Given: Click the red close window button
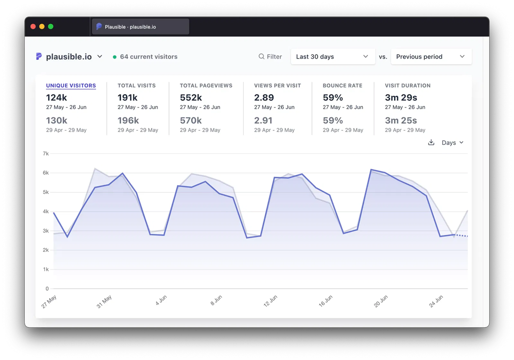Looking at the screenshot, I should click(33, 26).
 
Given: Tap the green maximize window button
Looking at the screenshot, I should click(51, 26).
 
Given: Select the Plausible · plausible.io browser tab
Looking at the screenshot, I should click(140, 27).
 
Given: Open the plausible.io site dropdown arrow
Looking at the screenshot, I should click(100, 57).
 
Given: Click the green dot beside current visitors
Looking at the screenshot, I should click(115, 57).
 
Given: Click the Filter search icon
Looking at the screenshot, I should click(261, 57).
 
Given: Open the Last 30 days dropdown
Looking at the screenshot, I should click(333, 57).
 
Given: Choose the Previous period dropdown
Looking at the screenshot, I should click(431, 57).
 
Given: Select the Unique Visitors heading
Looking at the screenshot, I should click(71, 86).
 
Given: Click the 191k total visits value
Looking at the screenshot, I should click(127, 98).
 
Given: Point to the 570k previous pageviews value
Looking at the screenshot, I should click(191, 120).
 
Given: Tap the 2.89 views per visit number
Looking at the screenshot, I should click(264, 98).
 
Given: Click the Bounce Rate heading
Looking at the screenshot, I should click(342, 86).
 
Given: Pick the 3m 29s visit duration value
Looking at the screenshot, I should click(401, 98).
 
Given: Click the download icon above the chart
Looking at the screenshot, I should click(431, 143).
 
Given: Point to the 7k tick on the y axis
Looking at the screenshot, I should click(46, 154).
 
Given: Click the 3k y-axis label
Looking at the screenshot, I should click(46, 231).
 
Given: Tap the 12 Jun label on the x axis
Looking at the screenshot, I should click(270, 301).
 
